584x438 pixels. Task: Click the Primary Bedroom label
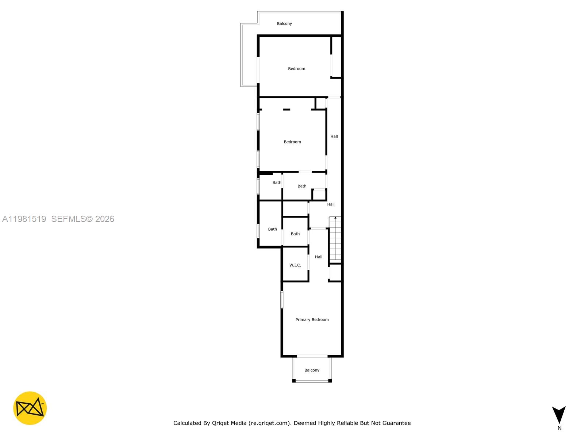[x=312, y=320]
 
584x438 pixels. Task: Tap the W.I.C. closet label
[x=295, y=265]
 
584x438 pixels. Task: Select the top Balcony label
[x=284, y=24]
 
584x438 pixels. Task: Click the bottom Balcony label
[x=312, y=370]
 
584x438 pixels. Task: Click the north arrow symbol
[x=559, y=415]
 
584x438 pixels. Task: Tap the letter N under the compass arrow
[x=559, y=428]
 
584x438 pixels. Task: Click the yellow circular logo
[x=30, y=408]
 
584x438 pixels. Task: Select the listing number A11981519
[x=24, y=219]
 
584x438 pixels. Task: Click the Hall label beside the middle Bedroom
[x=334, y=137]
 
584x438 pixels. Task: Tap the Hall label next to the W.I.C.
[x=318, y=257]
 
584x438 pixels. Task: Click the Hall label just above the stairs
[x=331, y=204]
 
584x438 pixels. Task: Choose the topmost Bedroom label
[x=296, y=69]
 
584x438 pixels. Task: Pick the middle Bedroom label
[x=292, y=142]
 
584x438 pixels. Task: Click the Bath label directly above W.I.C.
[x=295, y=234]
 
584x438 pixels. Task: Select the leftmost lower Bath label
[x=272, y=229]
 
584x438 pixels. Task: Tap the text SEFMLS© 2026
[x=83, y=219]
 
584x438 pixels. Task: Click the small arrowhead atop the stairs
[x=335, y=218]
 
